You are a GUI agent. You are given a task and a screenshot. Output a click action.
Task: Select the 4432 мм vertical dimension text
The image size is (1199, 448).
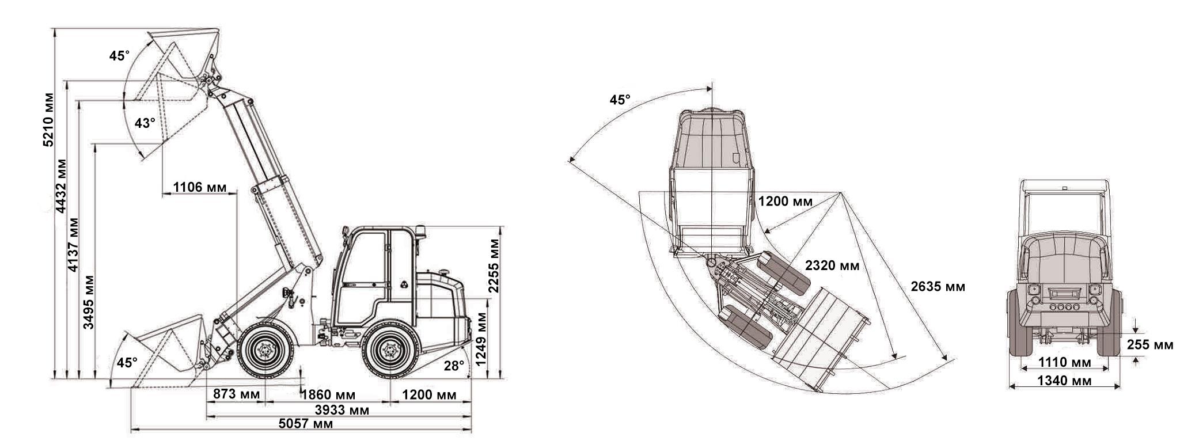tap(61, 186)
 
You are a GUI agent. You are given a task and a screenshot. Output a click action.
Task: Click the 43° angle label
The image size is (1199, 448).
tap(145, 123)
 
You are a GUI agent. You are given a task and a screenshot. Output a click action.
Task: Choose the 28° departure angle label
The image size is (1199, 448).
tap(454, 365)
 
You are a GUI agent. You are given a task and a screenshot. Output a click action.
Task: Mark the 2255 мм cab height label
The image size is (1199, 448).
tap(494, 265)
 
